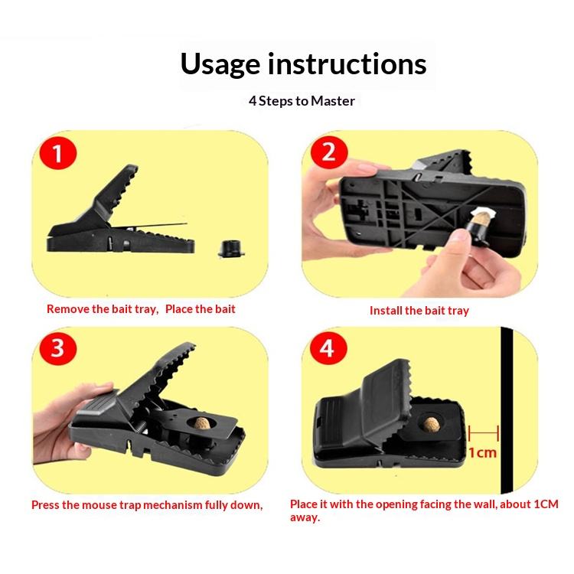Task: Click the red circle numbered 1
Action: click(58, 153)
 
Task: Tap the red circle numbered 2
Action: click(329, 152)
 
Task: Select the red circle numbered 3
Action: click(58, 347)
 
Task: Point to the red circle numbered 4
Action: click(328, 347)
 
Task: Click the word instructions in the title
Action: click(347, 64)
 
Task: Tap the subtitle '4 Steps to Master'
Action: click(302, 101)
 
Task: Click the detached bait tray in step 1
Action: click(231, 249)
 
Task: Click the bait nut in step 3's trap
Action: click(202, 423)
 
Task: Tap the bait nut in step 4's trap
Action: click(431, 423)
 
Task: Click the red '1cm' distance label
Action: click(482, 453)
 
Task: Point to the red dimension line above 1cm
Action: click(483, 432)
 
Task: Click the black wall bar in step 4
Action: click(507, 410)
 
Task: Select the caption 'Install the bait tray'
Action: click(419, 311)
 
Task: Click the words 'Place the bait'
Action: click(201, 309)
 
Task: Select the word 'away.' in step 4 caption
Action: click(305, 517)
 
